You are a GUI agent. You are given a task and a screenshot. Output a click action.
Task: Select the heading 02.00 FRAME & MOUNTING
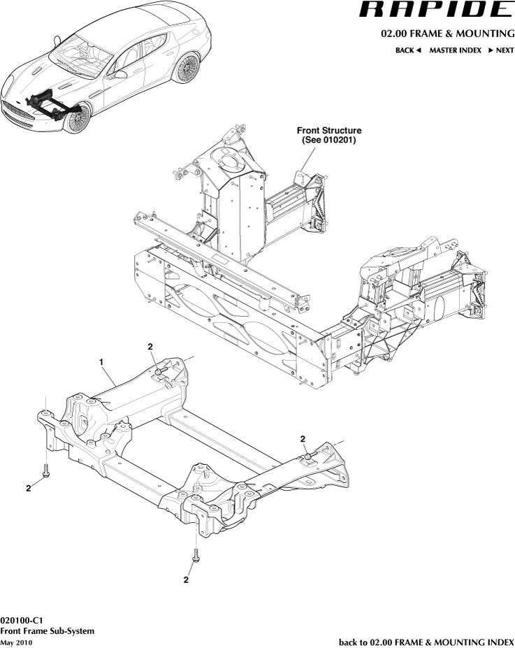tap(447, 34)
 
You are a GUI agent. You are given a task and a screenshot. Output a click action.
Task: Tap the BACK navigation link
tap(408, 50)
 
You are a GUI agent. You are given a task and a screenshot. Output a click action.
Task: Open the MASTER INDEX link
tap(455, 50)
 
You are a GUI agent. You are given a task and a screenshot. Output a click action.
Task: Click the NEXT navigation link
tap(500, 50)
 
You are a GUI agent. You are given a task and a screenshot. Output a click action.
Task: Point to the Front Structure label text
tap(329, 130)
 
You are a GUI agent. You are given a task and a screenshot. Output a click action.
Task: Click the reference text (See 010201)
tap(329, 140)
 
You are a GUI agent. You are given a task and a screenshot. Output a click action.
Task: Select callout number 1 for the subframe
tap(102, 362)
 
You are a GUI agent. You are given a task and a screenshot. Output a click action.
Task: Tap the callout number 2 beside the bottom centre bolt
tap(187, 579)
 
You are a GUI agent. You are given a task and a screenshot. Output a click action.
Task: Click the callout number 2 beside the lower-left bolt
tap(29, 489)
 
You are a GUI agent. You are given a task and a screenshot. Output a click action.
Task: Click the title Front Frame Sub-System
tap(48, 631)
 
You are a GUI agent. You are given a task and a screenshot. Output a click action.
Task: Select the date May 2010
tap(16, 642)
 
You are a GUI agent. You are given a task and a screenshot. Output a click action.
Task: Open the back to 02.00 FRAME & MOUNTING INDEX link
tap(426, 641)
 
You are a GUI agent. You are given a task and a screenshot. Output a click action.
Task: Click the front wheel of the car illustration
tap(77, 118)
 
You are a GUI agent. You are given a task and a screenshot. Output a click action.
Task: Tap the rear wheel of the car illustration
tap(187, 70)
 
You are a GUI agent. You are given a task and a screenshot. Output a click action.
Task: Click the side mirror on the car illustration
tap(121, 73)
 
